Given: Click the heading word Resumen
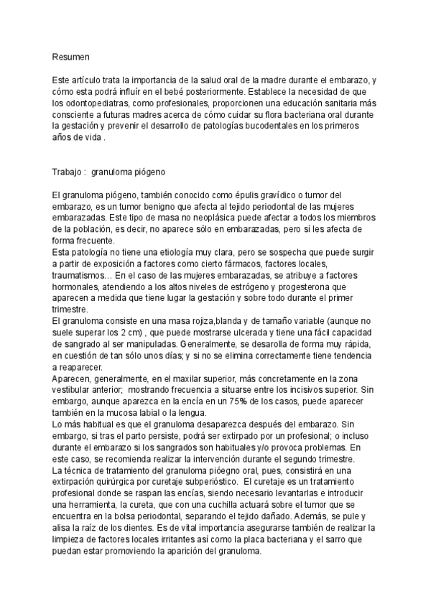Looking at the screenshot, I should pos(70,55).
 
